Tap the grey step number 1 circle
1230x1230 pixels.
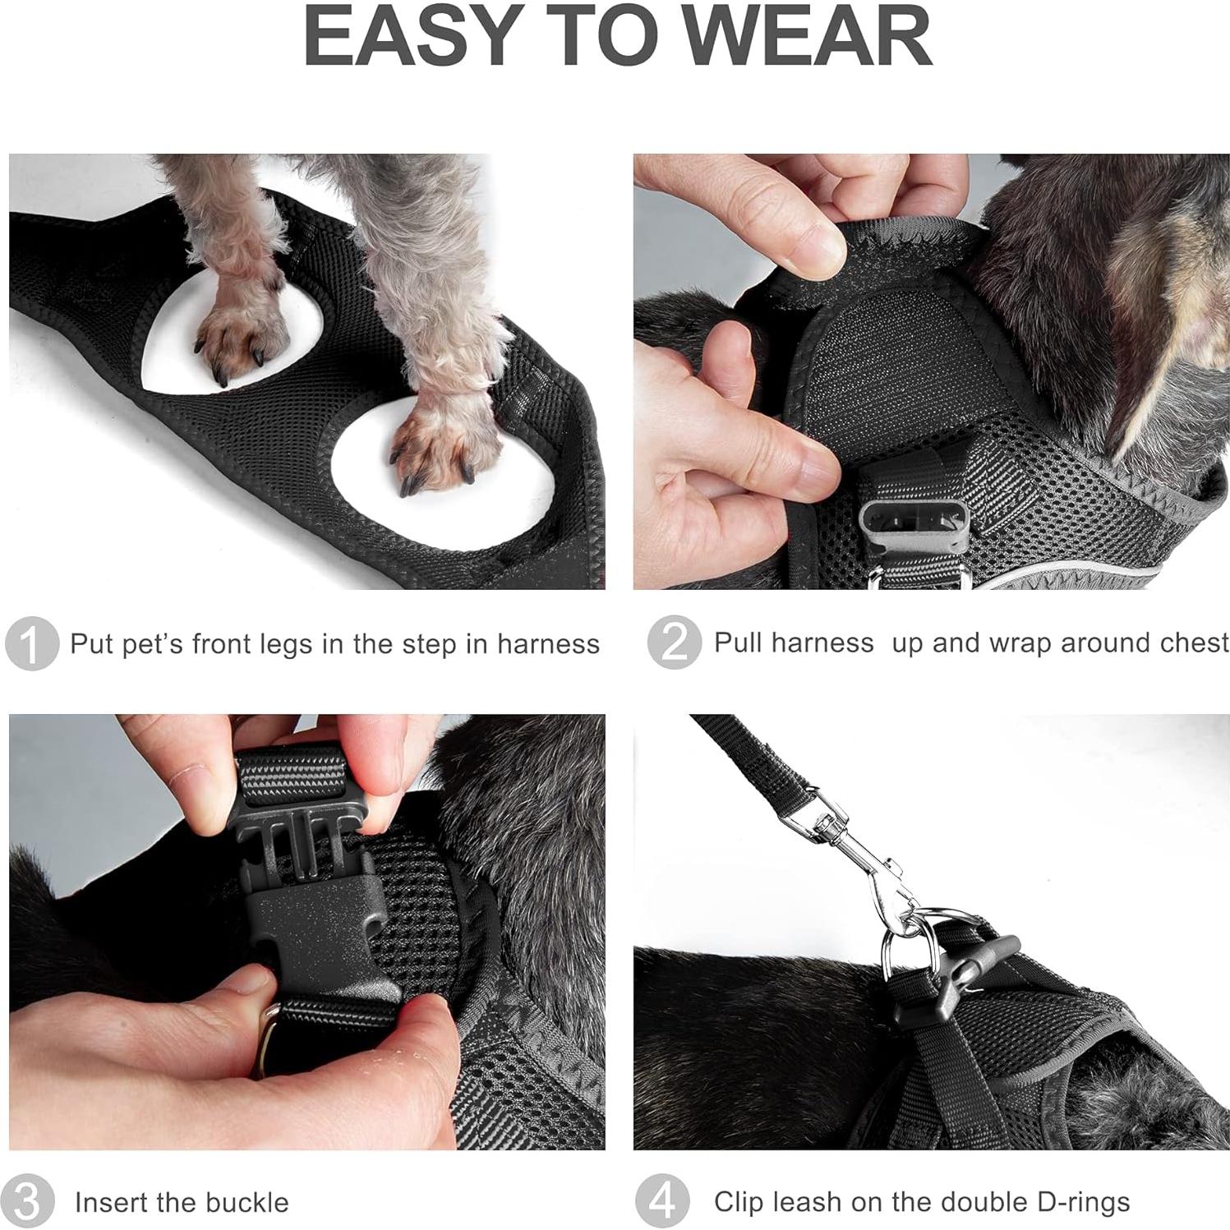tap(31, 643)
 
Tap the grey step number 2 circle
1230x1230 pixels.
tap(674, 642)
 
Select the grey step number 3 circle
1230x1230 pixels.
tap(30, 1202)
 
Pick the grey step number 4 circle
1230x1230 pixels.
tap(662, 1202)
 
